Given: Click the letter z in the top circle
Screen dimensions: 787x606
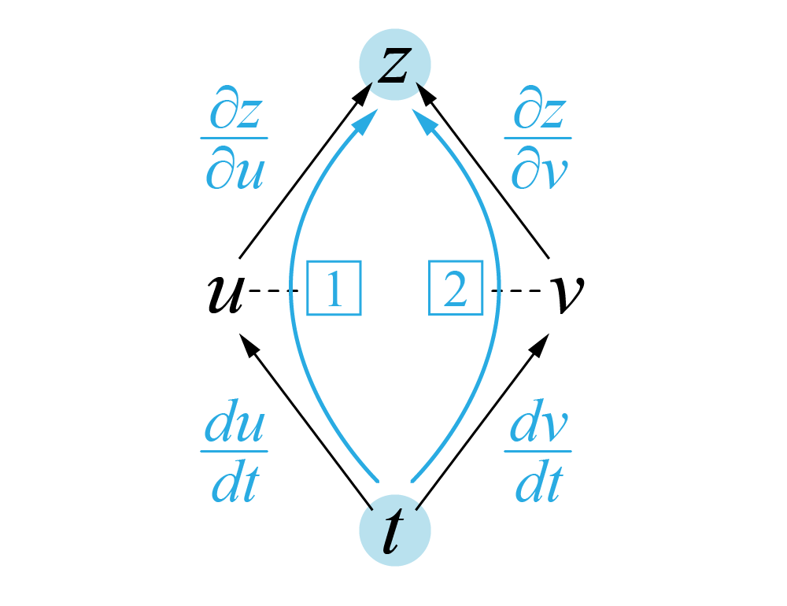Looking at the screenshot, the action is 393,66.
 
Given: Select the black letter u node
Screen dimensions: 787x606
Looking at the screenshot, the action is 224,294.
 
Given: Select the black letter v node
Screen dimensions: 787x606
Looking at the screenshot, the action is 565,294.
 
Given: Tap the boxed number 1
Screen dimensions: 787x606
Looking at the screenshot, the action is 333,290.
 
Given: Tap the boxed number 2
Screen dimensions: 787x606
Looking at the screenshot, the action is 454,290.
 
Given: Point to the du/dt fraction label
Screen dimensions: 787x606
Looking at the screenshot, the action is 234,455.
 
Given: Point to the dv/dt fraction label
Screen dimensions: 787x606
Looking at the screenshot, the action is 538,455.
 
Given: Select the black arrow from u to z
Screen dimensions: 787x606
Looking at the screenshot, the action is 303,172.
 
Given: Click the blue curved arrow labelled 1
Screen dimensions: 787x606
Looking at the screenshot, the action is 294,315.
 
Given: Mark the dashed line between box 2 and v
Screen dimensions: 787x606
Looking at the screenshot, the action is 516,291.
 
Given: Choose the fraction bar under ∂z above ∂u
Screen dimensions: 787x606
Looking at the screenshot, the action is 234,139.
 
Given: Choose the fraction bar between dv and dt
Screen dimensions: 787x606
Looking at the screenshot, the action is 538,452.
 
